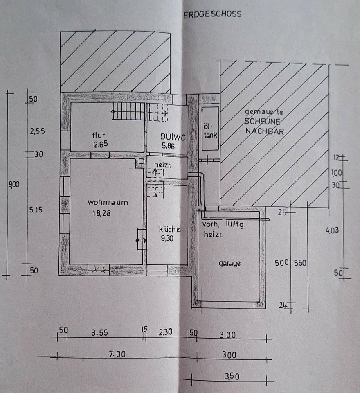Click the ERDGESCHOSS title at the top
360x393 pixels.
pos(212,14)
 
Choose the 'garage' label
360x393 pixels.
pos(229,264)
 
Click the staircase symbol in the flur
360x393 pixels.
pos(129,111)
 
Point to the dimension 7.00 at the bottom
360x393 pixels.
pos(117,355)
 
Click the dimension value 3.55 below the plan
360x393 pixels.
pos(99,333)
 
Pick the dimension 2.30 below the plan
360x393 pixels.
pos(166,333)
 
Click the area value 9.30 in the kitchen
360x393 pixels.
pos(167,239)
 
